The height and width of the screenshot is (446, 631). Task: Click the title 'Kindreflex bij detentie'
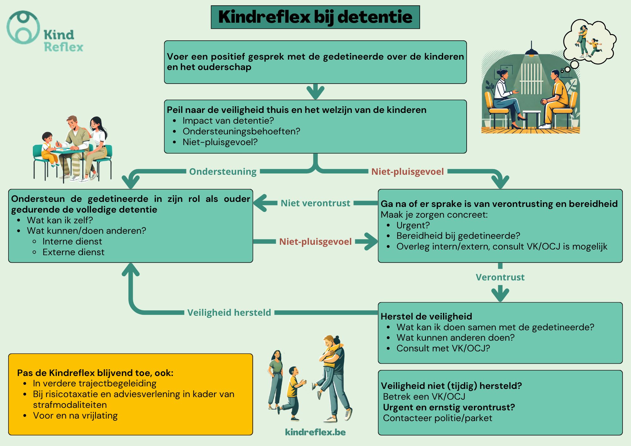pos(315,17)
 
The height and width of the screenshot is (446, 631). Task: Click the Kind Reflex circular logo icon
pos(23,28)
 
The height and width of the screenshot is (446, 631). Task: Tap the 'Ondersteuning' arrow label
pos(223,172)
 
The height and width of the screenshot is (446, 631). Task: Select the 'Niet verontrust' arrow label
pos(315,203)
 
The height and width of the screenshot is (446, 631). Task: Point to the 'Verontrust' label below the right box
pos(500,277)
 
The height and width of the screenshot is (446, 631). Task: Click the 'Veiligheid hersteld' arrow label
pos(229,313)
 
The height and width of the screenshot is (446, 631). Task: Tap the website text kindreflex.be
pos(315,432)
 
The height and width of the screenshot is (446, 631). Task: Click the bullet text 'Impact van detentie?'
pos(228,120)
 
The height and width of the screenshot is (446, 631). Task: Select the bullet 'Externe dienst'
pos(73,252)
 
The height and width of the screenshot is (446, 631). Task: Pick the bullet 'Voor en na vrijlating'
pos(75,415)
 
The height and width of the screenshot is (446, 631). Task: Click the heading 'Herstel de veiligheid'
pos(426,316)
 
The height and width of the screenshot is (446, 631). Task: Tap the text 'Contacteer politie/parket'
pos(437,418)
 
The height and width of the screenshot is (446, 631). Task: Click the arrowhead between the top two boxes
pos(315,92)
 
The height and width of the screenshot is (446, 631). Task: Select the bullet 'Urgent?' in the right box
pos(413,225)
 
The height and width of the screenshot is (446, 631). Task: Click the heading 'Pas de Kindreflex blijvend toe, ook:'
pos(95,373)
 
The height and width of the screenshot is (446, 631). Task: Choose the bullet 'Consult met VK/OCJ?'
pos(443,348)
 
